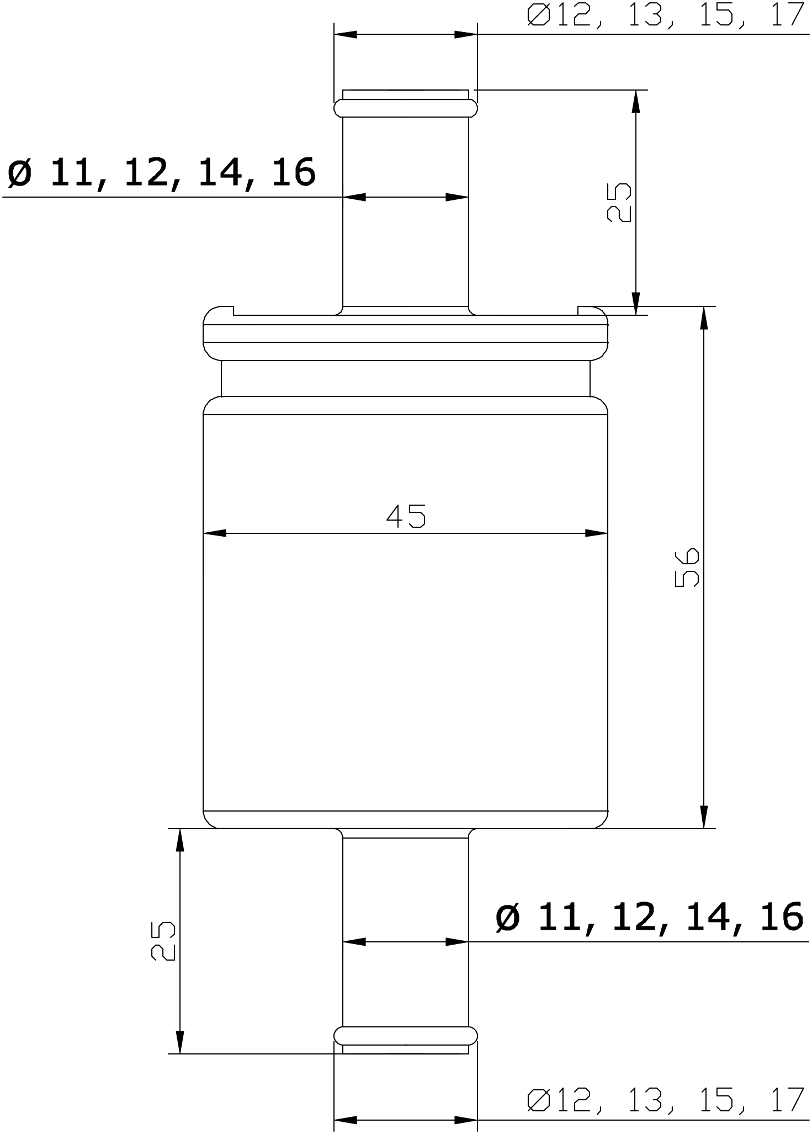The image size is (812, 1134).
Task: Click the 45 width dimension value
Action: click(406, 516)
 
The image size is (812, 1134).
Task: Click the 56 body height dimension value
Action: click(687, 567)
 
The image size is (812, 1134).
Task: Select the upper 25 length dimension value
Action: click(619, 203)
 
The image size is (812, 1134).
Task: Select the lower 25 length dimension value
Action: click(163, 940)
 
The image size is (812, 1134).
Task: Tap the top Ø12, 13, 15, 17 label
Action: click(665, 15)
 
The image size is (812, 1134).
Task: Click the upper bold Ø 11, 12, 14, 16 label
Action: click(161, 172)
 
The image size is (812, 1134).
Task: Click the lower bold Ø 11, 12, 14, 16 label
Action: click(649, 917)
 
